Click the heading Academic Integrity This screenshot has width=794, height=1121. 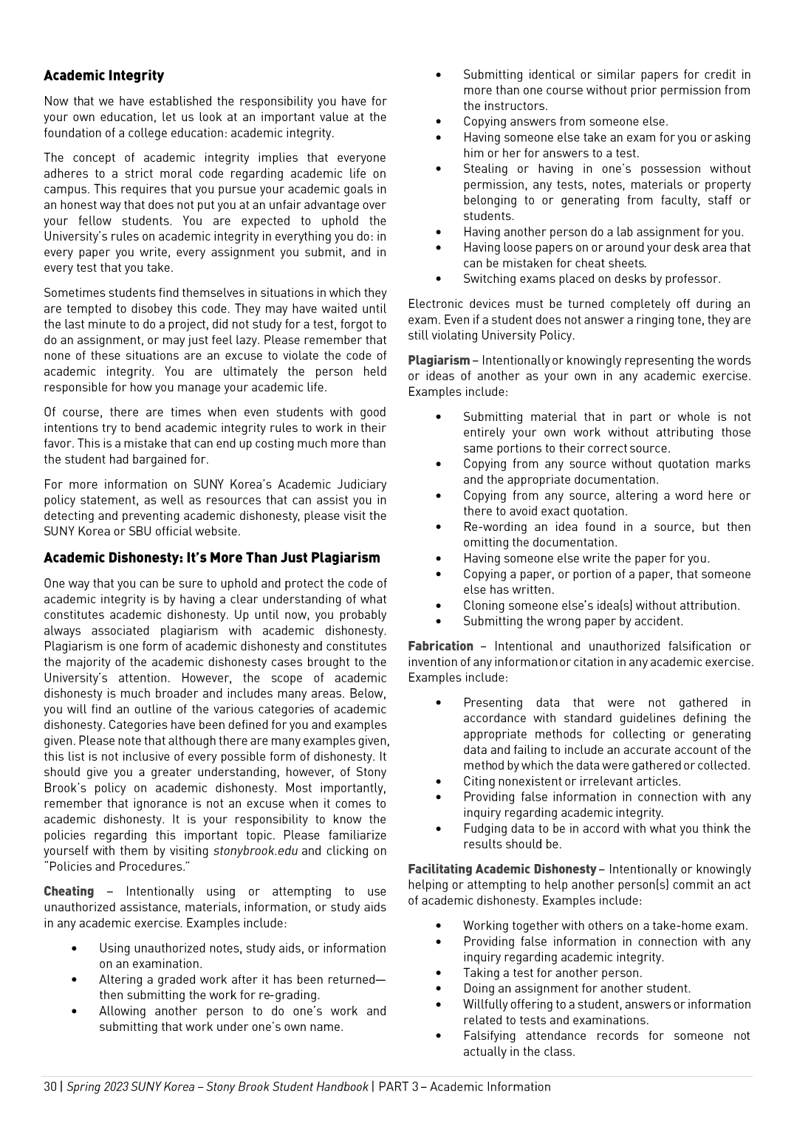point(103,75)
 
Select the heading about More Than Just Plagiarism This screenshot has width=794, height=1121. point(212,558)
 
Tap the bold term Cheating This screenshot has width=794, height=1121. point(69,891)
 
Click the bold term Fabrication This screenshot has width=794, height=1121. point(440,646)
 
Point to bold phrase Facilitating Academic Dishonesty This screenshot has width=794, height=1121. point(502,869)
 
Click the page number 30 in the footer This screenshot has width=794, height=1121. point(49,1086)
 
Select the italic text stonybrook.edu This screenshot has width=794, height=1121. point(256,851)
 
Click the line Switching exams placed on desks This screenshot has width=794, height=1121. point(591,278)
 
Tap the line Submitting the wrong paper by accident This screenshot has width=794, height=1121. point(572,621)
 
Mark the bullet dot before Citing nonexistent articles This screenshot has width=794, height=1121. point(439,781)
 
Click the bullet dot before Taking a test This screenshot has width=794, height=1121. point(439,973)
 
